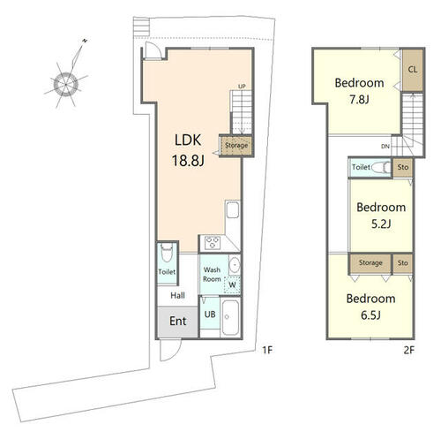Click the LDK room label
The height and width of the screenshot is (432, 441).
[x=188, y=140]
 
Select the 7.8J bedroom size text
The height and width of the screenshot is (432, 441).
[x=359, y=100]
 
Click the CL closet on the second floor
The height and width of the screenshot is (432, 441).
[x=413, y=70]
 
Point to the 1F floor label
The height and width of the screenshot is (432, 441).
[x=267, y=350]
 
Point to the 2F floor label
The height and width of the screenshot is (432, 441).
[x=409, y=350]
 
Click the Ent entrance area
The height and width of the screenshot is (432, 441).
[x=177, y=322]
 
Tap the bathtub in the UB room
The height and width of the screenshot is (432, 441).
[x=230, y=317]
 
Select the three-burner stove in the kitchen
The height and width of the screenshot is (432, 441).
[x=213, y=243]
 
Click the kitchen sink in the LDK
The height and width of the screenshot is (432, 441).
[x=233, y=209]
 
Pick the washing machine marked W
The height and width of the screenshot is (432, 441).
[x=232, y=285]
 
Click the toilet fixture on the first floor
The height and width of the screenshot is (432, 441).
[x=167, y=253]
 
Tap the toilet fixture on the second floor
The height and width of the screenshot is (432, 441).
[x=381, y=167]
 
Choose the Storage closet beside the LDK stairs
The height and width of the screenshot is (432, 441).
[x=236, y=146]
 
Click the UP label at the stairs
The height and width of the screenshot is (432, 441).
[x=242, y=87]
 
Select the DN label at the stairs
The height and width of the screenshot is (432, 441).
[x=385, y=147]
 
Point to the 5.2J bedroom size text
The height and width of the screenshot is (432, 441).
[x=381, y=224]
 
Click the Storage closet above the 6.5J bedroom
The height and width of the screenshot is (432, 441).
[x=370, y=263]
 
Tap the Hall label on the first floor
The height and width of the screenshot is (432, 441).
[x=177, y=295]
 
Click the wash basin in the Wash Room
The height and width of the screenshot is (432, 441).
[x=235, y=265]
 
